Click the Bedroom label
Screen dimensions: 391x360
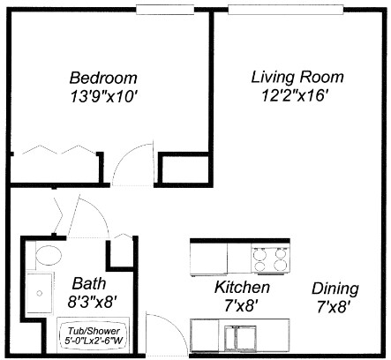[x=103, y=79]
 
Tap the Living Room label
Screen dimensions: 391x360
[x=297, y=78]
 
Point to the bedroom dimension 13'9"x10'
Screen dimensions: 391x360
[x=104, y=96]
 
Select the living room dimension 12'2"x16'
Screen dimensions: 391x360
[x=295, y=95]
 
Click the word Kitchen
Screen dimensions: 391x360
[x=242, y=288]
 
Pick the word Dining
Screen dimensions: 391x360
[x=335, y=289]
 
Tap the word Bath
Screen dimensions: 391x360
[x=89, y=283]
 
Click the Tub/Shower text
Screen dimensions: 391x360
[x=94, y=331]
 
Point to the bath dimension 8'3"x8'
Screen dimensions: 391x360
[x=90, y=302]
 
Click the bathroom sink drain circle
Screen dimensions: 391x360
[x=40, y=293]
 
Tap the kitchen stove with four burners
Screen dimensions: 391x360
[x=271, y=259]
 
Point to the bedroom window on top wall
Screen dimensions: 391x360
[x=165, y=10]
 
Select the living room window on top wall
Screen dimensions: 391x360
[x=286, y=10]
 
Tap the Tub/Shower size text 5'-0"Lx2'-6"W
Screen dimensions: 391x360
[x=94, y=341]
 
